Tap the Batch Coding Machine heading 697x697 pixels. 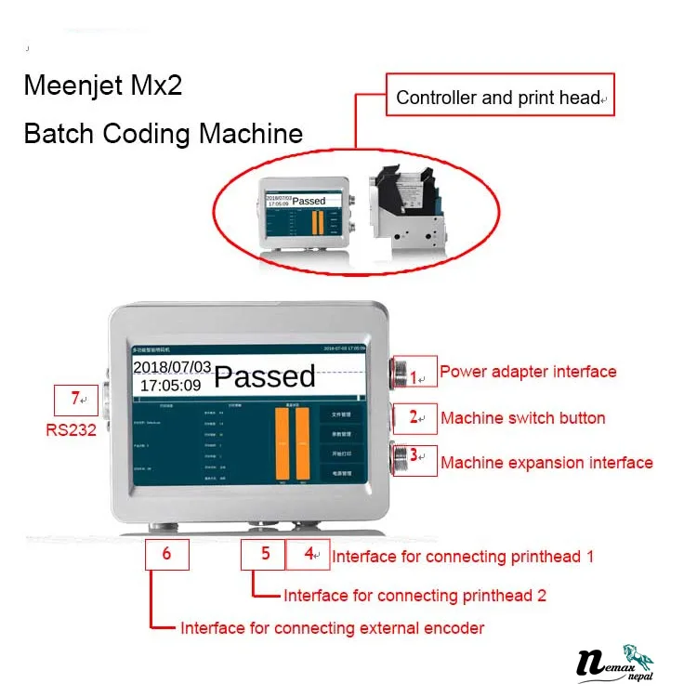pos(163,133)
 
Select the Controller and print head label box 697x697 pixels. pos(500,98)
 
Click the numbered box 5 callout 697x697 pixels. pos(264,555)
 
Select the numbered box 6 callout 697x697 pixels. pos(167,555)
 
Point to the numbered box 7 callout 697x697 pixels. pos(77,400)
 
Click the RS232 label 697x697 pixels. pos(72,431)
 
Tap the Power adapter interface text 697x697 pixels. pos(528,372)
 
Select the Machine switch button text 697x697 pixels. pos(522,418)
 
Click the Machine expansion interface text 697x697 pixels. pos(546,463)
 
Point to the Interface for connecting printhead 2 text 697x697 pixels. pos(414,596)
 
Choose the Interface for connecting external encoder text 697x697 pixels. pos(332,628)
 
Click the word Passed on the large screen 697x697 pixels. pos(265,375)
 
